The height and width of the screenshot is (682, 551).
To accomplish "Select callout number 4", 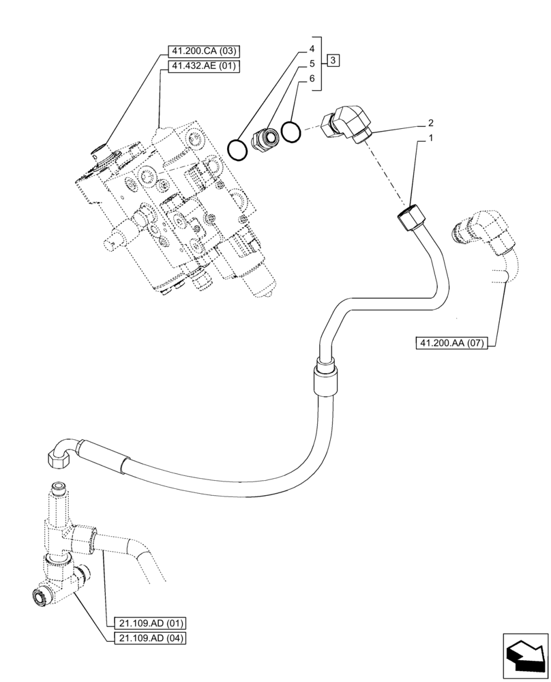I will (x=311, y=49).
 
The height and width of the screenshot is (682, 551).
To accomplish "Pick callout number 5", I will (x=311, y=64).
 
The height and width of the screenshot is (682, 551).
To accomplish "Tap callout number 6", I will (x=311, y=79).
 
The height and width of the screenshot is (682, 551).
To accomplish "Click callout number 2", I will (x=431, y=123).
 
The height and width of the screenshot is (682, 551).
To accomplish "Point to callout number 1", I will (x=431, y=138).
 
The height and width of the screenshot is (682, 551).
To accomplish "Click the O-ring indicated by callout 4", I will (x=237, y=148).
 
